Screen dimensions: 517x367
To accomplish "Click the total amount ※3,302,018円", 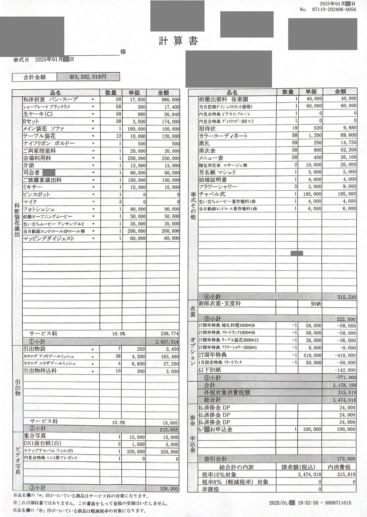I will click(x=87, y=77).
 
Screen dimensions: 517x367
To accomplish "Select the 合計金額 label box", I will click(x=34, y=77).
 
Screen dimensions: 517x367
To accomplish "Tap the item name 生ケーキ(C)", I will click(x=37, y=114).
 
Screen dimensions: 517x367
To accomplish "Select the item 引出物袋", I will click(x=34, y=349).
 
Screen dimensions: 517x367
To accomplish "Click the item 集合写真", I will click(x=34, y=436).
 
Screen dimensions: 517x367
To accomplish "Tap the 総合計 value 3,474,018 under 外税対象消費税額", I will click(x=344, y=400).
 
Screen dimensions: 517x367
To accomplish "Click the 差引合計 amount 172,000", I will click(x=346, y=459).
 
